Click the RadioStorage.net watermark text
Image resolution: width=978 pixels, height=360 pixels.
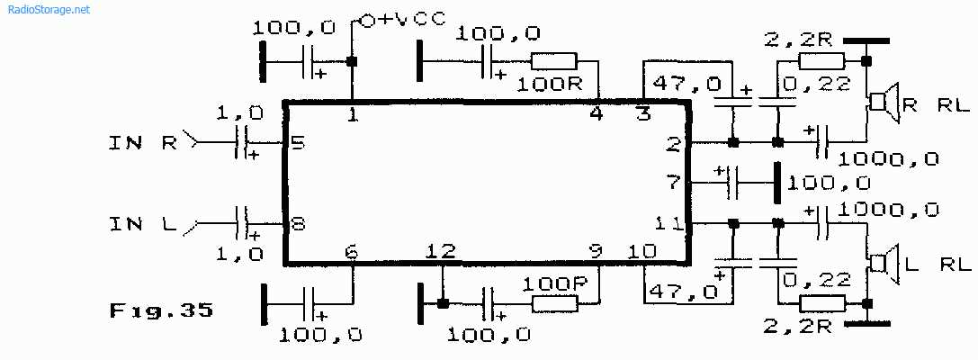click(45, 9)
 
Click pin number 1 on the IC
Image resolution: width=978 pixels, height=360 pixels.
click(352, 114)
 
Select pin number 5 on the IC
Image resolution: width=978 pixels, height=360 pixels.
click(297, 141)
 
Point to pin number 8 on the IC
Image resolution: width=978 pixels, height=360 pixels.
click(297, 225)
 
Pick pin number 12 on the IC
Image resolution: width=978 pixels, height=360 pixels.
click(442, 251)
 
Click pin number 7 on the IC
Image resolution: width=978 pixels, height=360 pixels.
click(673, 184)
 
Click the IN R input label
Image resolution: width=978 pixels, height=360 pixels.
click(141, 142)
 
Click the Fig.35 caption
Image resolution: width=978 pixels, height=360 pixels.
click(162, 311)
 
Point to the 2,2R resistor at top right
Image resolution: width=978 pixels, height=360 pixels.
click(820, 61)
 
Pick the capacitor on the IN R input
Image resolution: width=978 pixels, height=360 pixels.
click(241, 142)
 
